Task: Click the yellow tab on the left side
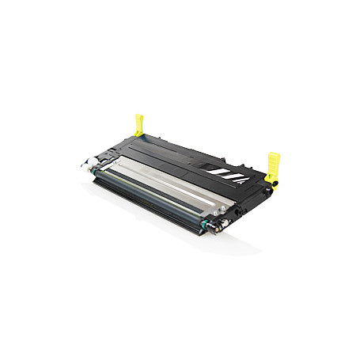tap(140, 124)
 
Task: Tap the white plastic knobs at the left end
tap(85, 167)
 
